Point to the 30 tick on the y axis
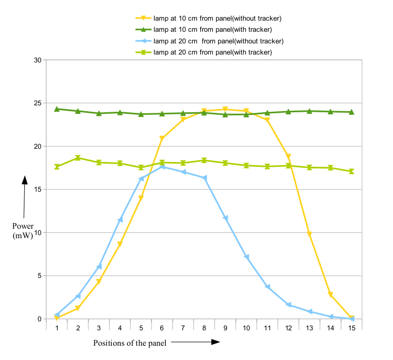[x=38, y=60]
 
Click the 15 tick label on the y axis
[x=38, y=190]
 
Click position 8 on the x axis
[x=204, y=328]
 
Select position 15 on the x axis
[x=351, y=328]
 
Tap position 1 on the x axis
[x=57, y=328]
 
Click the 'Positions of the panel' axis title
[x=130, y=343]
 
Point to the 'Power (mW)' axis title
[x=23, y=231]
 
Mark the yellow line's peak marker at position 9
[x=225, y=110]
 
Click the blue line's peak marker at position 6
[x=162, y=167]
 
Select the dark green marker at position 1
[x=57, y=109]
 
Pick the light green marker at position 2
[x=78, y=158]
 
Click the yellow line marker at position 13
[x=309, y=234]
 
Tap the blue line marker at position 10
[x=246, y=257]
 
